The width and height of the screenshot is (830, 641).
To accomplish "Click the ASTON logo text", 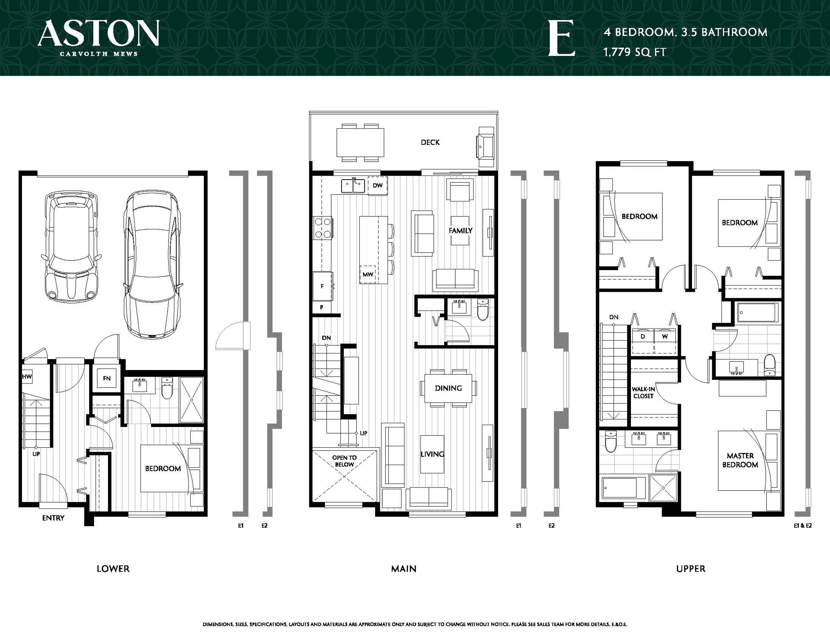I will click(98, 33).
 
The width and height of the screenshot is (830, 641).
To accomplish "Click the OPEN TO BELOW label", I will click(344, 461).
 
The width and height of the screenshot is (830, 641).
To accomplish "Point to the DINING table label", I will click(449, 388).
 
